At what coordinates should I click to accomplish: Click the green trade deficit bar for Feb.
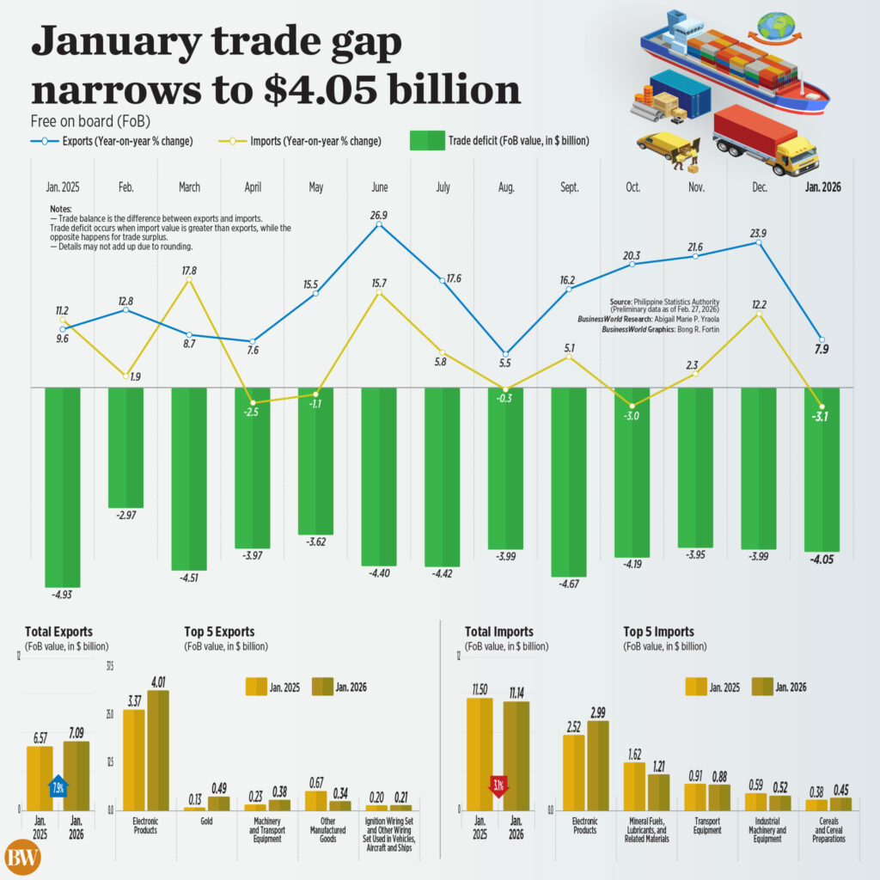[125, 447]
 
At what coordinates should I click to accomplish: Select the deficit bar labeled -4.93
[63, 486]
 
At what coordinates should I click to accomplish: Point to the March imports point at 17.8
[189, 278]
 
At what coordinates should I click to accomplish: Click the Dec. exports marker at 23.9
[759, 243]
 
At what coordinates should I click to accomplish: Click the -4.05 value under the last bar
[822, 560]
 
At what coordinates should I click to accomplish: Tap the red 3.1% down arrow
[498, 786]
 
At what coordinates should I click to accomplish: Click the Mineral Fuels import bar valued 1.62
[634, 785]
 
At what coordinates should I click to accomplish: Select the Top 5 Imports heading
[658, 632]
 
